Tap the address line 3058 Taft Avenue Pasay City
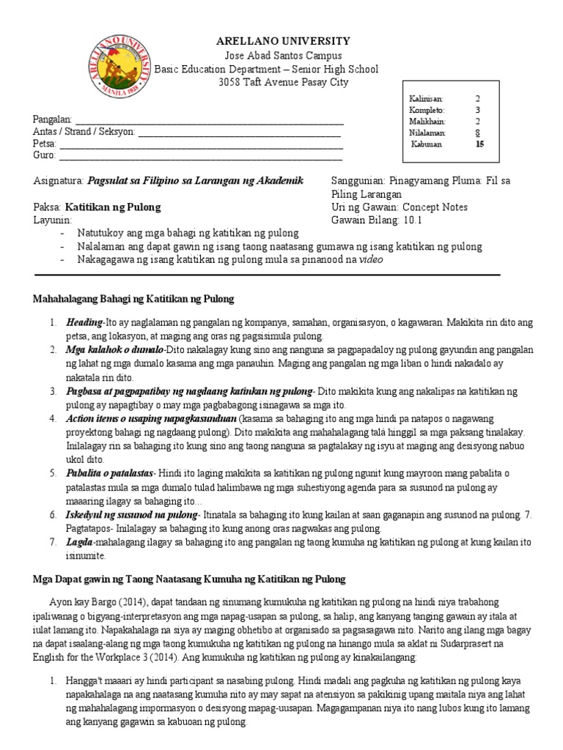(x=273, y=83)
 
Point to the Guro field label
(x=45, y=156)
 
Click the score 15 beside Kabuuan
(x=480, y=144)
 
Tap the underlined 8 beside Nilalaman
(x=477, y=133)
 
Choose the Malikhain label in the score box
(x=427, y=121)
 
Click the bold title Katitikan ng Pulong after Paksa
(x=113, y=207)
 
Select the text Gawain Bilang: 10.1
(x=377, y=220)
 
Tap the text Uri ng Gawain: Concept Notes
(x=400, y=207)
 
